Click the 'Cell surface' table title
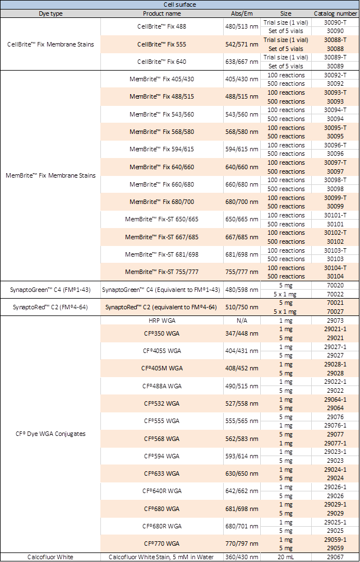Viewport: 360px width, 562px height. pos(179,4)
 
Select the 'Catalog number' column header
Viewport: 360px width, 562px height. pos(335,13)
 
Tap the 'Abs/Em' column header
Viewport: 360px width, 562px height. pos(242,13)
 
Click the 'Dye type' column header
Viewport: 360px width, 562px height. pos(50,13)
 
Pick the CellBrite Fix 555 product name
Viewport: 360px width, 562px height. pos(161,44)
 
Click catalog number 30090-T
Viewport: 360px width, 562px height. pos(335,22)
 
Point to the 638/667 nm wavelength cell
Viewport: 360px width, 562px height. pos(242,62)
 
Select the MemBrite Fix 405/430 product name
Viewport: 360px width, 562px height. pos(161,79)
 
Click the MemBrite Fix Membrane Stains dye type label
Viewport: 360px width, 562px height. pos(50,175)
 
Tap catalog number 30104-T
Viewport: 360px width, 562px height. pos(335,268)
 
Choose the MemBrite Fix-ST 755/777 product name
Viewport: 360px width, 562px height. pos(161,272)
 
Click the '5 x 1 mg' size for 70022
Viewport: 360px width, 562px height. pos(286,294)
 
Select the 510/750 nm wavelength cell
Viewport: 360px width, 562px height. pos(242,307)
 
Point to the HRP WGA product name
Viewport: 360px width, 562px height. pos(161,321)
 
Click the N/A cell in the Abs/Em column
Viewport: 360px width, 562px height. pos(242,321)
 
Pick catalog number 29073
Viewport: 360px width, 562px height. pos(335,321)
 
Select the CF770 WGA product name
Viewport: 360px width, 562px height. pos(161,544)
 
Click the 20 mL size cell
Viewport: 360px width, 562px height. pos(286,557)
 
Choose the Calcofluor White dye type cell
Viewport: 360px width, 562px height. pos(50,557)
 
